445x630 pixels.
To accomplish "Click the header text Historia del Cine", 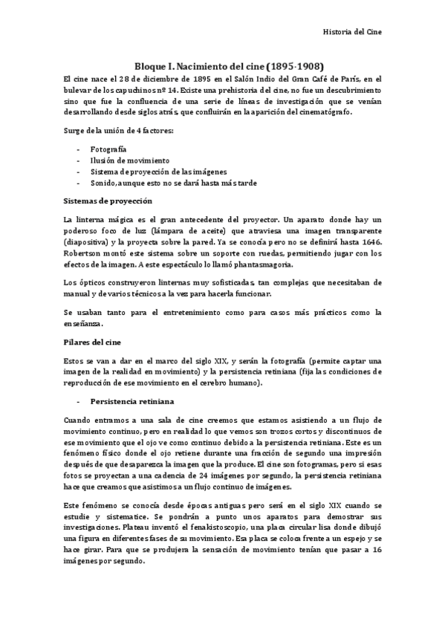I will pos(354,33).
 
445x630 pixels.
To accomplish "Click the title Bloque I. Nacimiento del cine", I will pos(200,65).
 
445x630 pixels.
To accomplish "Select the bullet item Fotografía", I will pos(108,149).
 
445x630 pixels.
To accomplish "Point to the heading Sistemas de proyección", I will pos(108,201).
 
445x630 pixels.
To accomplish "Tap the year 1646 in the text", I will pos(371,241).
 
